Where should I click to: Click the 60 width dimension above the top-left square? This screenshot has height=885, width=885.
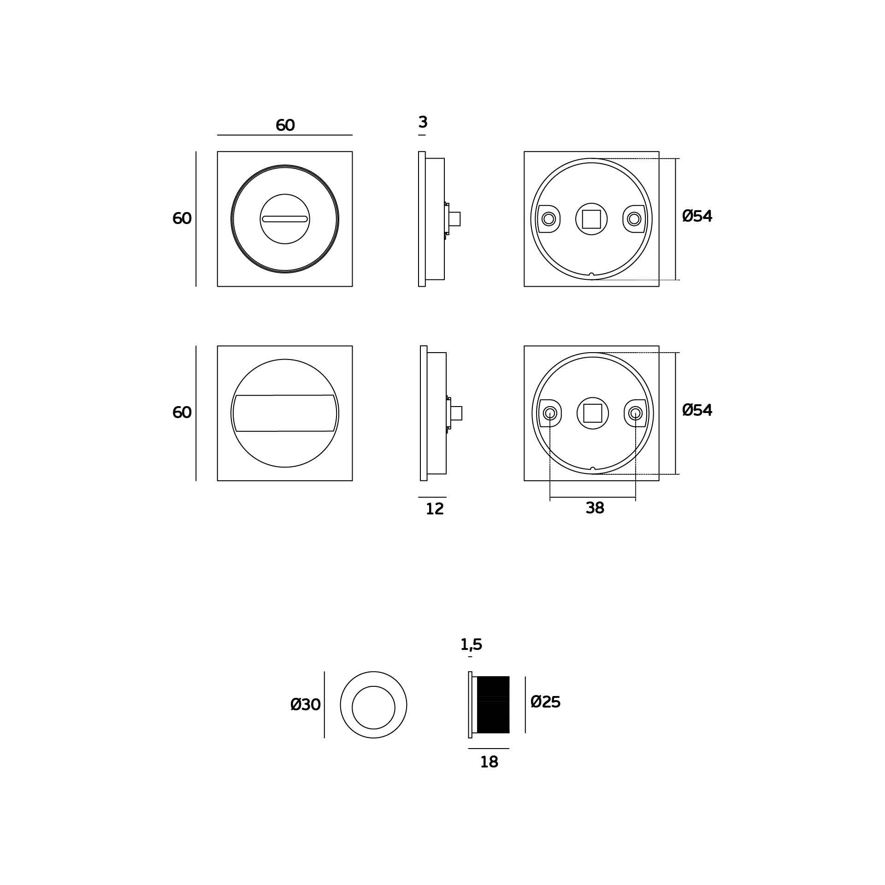tap(285, 125)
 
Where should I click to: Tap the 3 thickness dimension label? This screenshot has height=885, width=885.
tap(423, 122)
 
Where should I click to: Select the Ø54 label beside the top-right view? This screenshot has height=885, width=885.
tap(697, 216)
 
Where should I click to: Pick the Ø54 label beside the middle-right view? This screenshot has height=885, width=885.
tap(697, 410)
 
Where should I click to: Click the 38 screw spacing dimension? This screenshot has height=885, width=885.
tap(595, 508)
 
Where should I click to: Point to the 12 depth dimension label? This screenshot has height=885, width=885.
tap(434, 509)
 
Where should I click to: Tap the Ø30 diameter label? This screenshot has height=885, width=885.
tap(305, 704)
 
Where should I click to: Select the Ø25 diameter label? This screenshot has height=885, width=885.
tap(545, 702)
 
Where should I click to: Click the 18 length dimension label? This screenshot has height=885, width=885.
tap(489, 762)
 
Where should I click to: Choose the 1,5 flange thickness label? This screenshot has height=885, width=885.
tap(471, 644)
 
